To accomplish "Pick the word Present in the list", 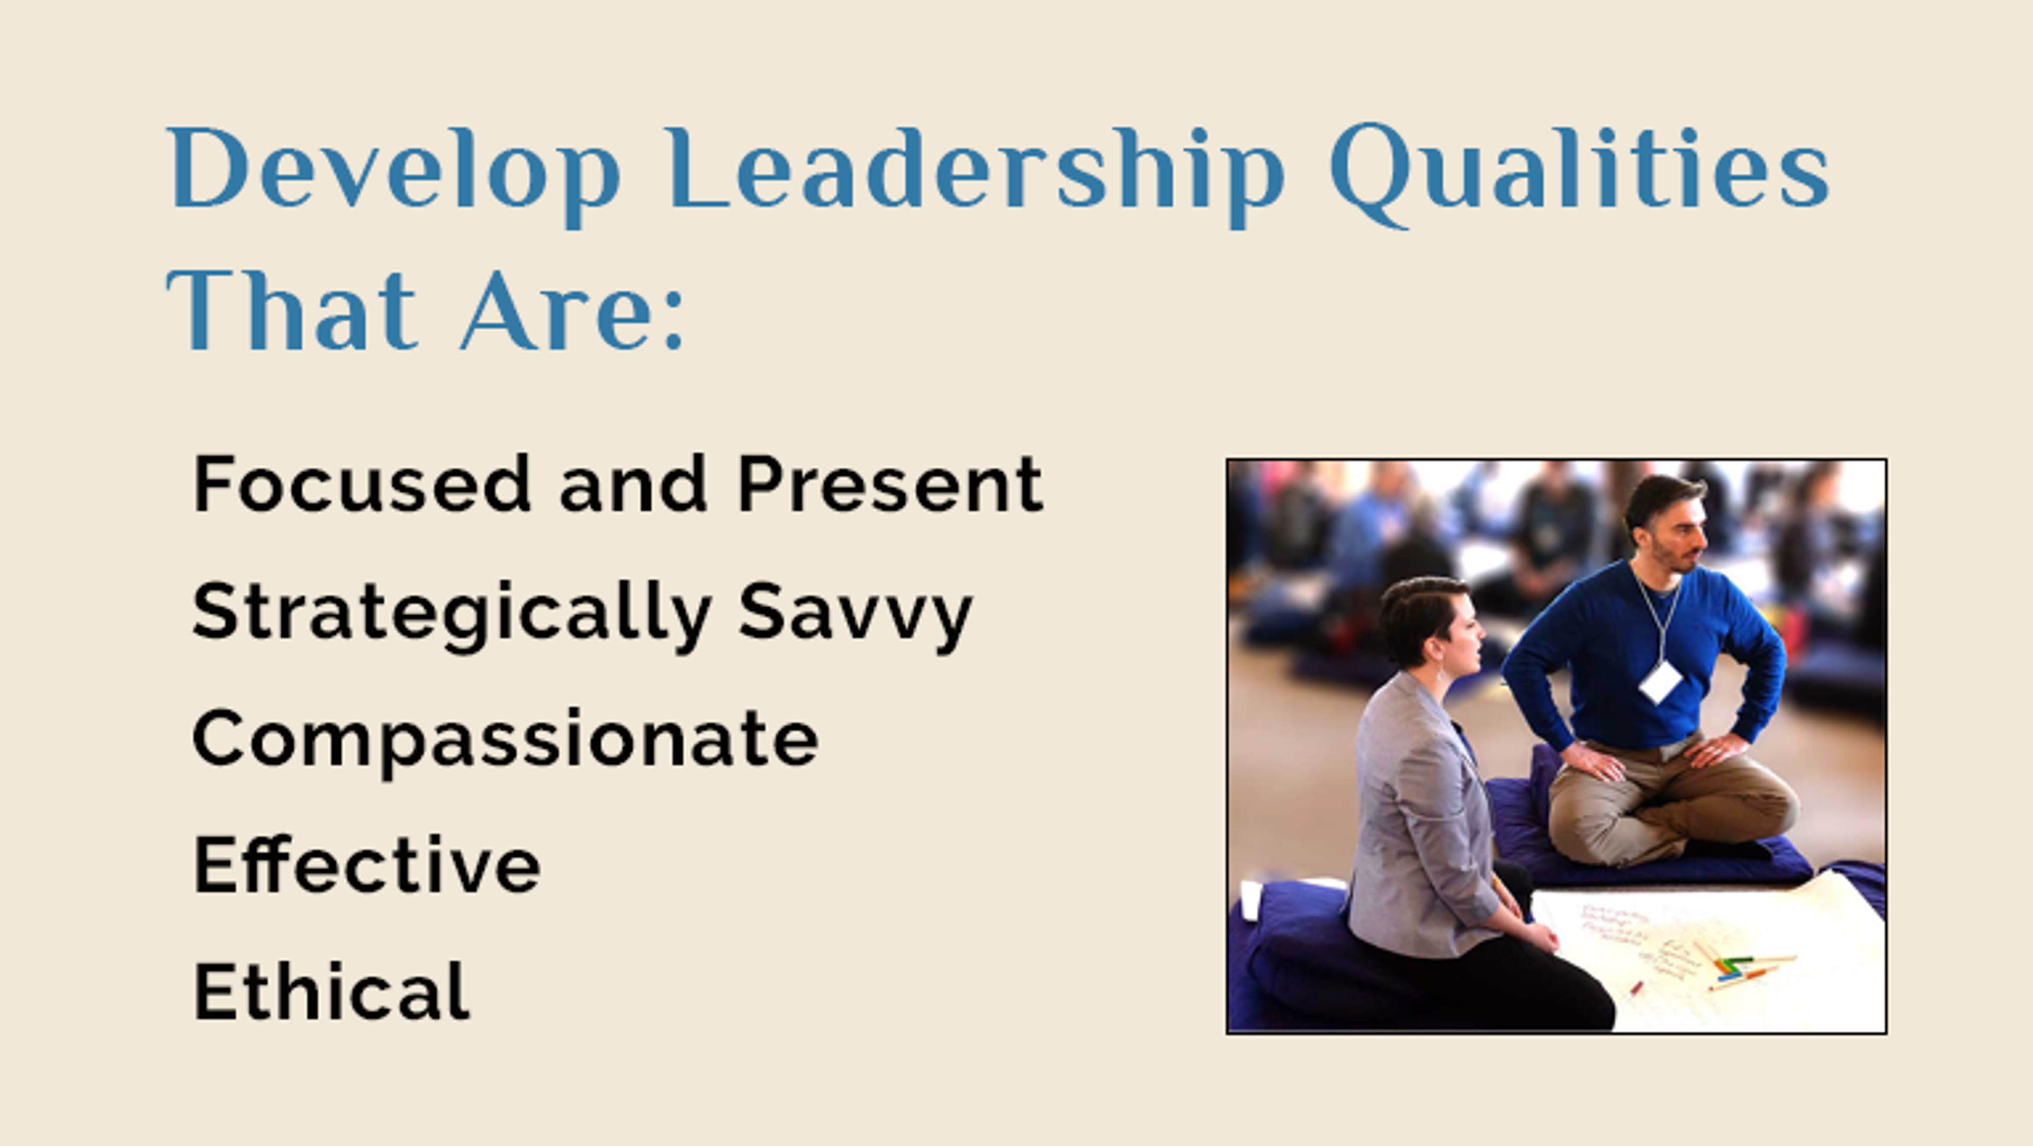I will pos(890,484).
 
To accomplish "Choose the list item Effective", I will pos(367,866).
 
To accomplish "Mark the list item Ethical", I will pos(331,992).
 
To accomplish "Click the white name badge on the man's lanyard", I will pos(1660,681).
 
